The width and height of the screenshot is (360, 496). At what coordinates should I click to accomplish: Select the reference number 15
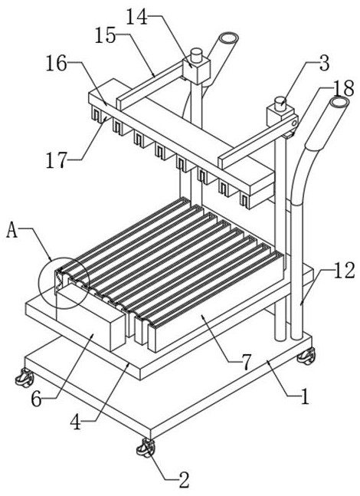coord(106,35)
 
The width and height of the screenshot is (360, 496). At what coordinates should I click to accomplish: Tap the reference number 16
coord(57,64)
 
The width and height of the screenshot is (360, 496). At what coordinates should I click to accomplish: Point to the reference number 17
coord(57,160)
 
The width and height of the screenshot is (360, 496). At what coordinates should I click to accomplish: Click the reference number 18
coord(343,89)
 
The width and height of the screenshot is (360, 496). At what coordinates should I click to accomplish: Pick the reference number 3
coord(324,63)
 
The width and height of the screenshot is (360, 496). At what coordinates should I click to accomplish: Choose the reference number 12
coord(344,271)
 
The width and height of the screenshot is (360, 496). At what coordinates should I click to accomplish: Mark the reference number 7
coord(246,362)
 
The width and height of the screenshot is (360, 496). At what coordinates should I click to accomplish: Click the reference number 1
coord(305,396)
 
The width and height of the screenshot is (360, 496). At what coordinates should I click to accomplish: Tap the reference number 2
coord(184,480)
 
